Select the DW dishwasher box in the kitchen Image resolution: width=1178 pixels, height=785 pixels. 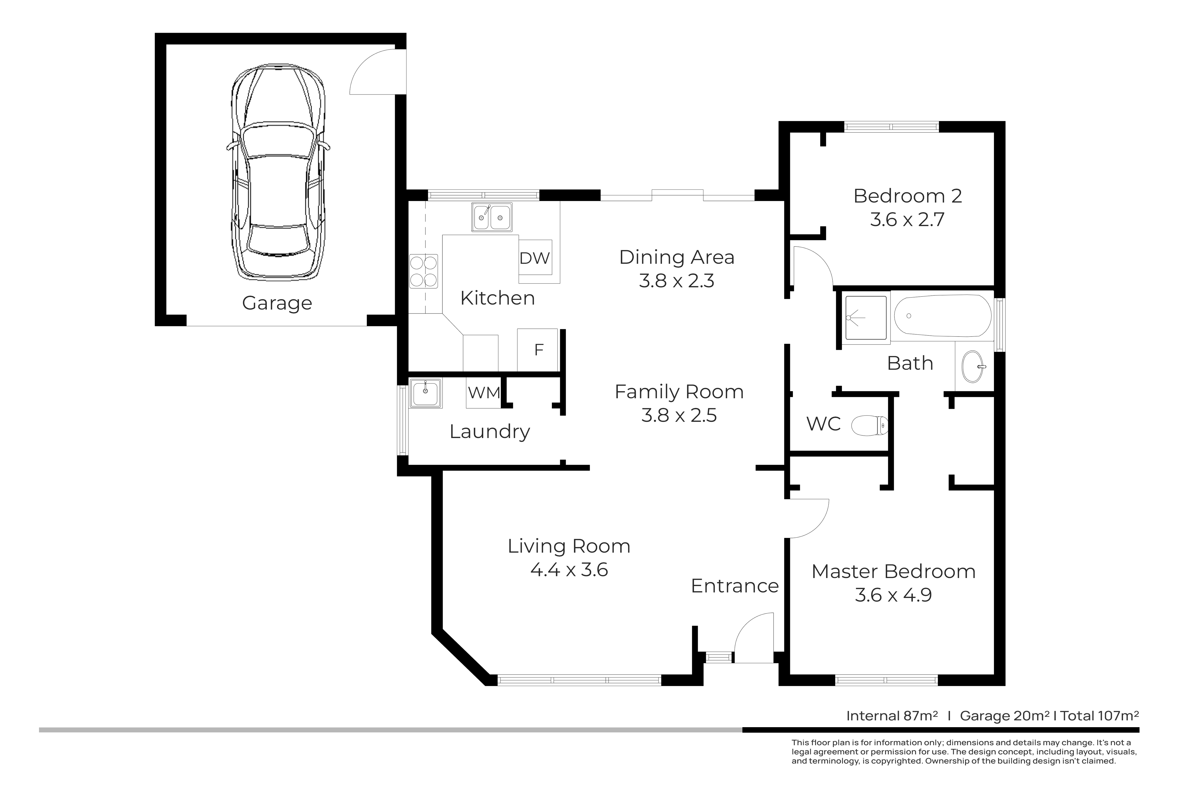(x=535, y=257)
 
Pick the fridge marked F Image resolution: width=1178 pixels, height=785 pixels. (x=537, y=349)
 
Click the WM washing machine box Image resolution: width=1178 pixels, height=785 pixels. (x=484, y=392)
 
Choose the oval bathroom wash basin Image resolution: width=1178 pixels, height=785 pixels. (x=974, y=367)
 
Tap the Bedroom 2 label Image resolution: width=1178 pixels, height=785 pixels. (x=908, y=196)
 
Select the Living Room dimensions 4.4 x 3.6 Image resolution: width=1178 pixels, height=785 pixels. (x=569, y=570)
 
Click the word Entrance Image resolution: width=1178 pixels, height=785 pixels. (x=735, y=586)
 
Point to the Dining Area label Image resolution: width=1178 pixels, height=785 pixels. (x=677, y=257)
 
